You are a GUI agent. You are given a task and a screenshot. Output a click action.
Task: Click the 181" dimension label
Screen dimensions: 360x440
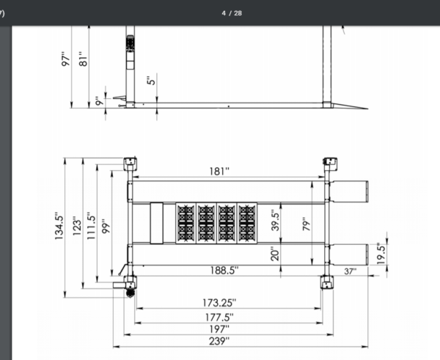tap(219, 172)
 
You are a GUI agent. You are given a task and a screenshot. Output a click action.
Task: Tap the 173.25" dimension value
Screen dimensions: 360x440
tap(219, 301)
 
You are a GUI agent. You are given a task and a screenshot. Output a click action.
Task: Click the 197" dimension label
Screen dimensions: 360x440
tap(219, 329)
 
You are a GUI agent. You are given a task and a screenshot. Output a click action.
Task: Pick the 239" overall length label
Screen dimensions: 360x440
tap(219, 341)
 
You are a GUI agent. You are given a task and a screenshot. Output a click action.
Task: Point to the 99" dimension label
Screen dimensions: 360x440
tap(108, 225)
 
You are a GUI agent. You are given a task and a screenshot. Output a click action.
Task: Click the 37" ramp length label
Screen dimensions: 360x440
tap(351, 271)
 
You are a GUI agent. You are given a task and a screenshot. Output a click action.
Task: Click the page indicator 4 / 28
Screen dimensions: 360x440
tap(232, 13)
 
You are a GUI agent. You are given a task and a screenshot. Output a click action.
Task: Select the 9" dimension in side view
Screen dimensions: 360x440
tap(100, 103)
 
